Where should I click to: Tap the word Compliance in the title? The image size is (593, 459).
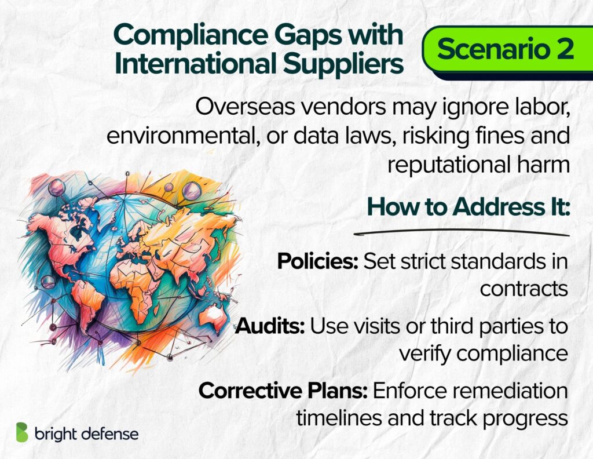coord(191,35)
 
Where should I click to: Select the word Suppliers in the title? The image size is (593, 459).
coord(344,64)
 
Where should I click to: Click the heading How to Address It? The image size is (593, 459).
coord(468,207)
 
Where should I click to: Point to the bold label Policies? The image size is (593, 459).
coord(318,261)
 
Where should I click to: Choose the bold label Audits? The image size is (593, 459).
coord(270,326)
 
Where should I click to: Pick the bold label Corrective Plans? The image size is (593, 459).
coord(283,391)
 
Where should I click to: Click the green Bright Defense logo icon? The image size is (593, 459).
coord(22,432)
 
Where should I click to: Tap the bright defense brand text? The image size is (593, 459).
coord(87,434)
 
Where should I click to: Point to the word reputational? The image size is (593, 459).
coord(448,165)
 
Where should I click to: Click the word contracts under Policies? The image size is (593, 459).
coord(524,289)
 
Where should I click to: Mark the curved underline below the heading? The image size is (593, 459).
coord(462,232)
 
